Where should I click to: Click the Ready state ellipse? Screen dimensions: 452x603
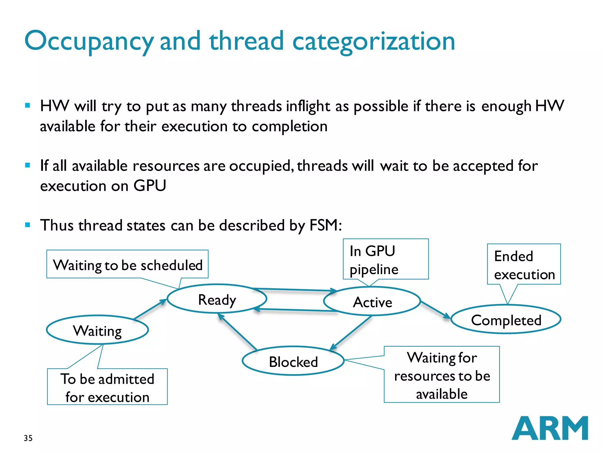click(x=217, y=299)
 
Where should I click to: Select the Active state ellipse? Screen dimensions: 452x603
click(x=372, y=301)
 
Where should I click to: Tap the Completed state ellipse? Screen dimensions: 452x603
click(x=506, y=320)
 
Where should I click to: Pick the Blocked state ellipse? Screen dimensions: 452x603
click(x=293, y=361)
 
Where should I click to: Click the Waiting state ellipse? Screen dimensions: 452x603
click(x=97, y=330)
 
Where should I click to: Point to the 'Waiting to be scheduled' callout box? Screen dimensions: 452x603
click(x=127, y=264)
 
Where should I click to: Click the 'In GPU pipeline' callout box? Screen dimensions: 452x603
click(x=385, y=259)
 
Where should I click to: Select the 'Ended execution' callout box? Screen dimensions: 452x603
click(x=524, y=265)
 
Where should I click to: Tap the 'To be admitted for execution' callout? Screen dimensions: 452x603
click(x=107, y=387)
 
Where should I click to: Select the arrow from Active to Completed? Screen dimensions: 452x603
click(x=435, y=310)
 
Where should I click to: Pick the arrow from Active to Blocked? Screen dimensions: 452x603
click(x=351, y=333)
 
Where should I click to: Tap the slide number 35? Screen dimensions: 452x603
click(x=28, y=438)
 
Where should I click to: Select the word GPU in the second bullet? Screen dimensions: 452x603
click(x=150, y=186)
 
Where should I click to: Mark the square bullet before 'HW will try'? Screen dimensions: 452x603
click(x=28, y=105)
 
